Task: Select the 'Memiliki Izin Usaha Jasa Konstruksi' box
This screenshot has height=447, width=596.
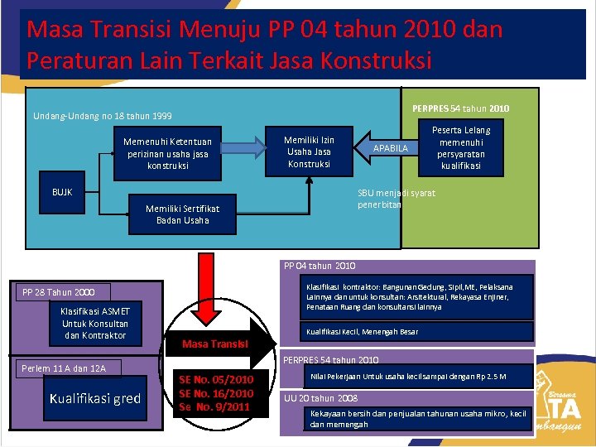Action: [x=309, y=151]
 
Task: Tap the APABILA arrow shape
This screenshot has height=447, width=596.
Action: [x=390, y=148]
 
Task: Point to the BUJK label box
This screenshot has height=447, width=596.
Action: [x=63, y=192]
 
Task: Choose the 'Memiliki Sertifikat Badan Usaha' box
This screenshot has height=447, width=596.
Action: [x=177, y=214]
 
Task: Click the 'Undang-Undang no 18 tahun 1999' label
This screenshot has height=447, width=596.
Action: [x=103, y=116]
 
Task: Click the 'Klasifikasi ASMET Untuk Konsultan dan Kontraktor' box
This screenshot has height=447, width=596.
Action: [x=94, y=324]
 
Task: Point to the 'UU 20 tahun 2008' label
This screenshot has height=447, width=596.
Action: [x=321, y=398]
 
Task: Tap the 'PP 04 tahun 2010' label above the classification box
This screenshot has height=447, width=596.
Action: [x=320, y=266]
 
